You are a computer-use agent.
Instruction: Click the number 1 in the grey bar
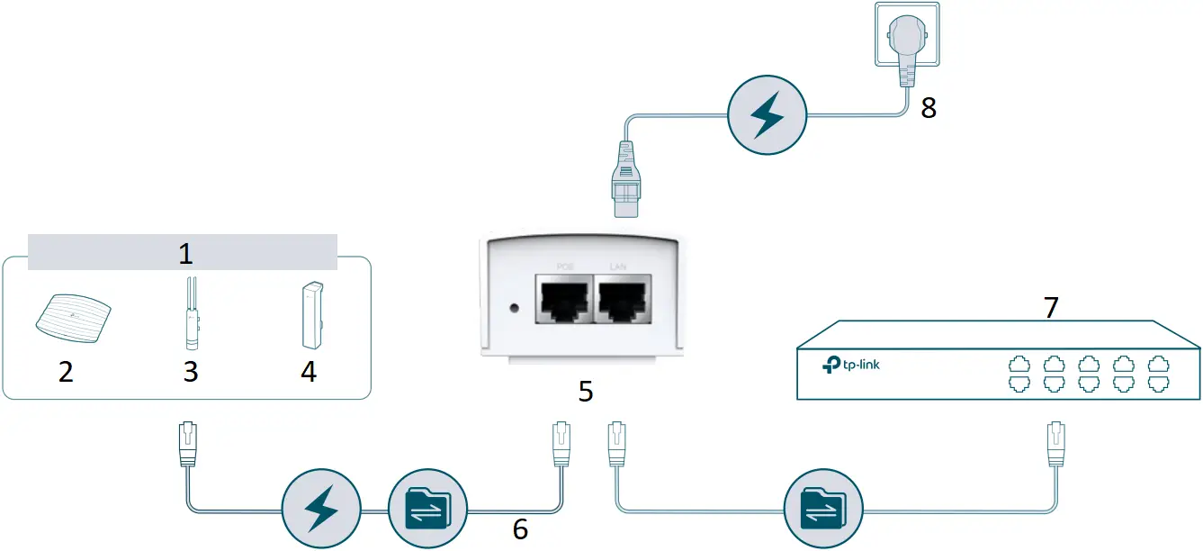pos(185,253)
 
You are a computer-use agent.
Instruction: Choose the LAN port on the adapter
pos(620,299)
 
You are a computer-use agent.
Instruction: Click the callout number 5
pos(585,393)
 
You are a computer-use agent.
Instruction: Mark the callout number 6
pos(520,528)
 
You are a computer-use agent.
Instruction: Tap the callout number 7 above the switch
pos(1050,307)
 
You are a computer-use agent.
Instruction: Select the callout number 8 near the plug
pos(929,108)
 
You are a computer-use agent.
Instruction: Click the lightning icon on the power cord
pos(767,117)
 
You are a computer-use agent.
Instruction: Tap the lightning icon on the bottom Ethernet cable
pos(321,510)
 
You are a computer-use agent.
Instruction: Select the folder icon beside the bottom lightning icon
pos(426,510)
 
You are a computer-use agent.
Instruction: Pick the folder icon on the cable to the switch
pos(823,510)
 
